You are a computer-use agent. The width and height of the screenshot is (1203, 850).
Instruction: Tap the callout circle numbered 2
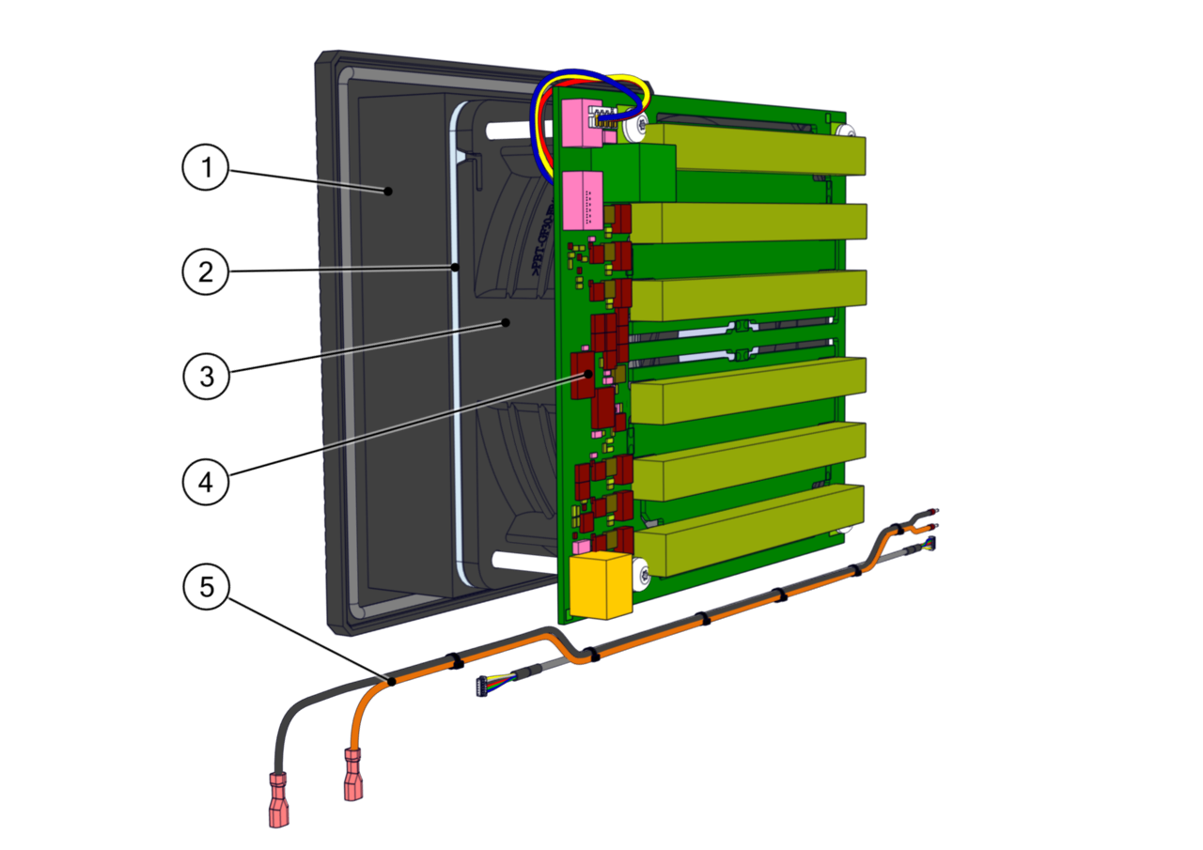(x=205, y=272)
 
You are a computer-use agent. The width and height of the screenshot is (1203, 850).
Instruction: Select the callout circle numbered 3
(x=205, y=376)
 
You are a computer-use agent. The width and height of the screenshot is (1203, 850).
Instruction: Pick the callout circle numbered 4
(x=205, y=481)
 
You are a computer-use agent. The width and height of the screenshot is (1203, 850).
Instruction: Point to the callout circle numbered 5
(x=205, y=587)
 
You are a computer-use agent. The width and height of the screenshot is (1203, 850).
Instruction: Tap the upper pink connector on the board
(x=581, y=122)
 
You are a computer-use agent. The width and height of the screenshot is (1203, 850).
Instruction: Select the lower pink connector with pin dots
(x=583, y=200)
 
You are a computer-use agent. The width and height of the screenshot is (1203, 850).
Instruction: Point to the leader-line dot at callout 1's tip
(x=387, y=191)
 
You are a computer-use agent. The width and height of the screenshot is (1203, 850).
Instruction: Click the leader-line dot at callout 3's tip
(x=506, y=322)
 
